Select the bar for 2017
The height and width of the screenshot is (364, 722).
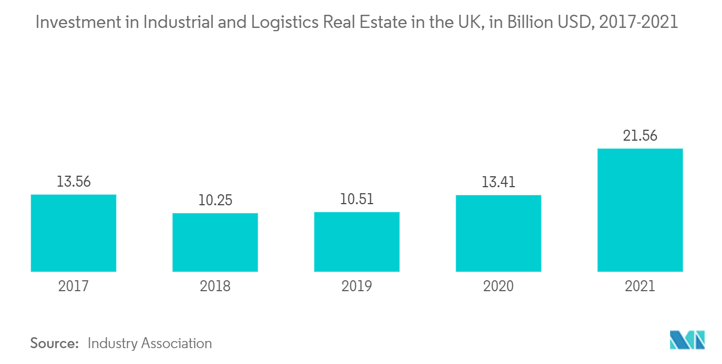[x=73, y=233]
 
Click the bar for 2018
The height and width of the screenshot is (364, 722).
[x=215, y=242]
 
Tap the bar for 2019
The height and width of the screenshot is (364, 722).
[x=357, y=242]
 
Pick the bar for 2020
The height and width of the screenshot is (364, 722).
[x=498, y=234]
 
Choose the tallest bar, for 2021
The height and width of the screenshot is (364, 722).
[x=640, y=210]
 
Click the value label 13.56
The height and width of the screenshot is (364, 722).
[x=73, y=182]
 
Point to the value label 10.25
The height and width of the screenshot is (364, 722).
[x=215, y=200]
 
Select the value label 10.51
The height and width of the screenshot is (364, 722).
[x=357, y=199]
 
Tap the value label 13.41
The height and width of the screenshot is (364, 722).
[x=498, y=182]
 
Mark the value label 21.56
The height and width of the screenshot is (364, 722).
[x=640, y=136]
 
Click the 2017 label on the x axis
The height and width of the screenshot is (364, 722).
[x=73, y=286]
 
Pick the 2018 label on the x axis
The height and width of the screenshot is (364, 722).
[x=215, y=286]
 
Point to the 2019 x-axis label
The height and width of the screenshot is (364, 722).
[x=357, y=286]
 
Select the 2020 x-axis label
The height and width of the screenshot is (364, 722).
[x=498, y=286]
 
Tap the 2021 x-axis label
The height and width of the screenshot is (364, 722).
[x=640, y=286]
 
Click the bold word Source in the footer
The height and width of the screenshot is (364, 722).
[x=55, y=343]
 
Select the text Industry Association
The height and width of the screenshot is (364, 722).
[x=149, y=343]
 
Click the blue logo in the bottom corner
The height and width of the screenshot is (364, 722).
[x=687, y=340]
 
